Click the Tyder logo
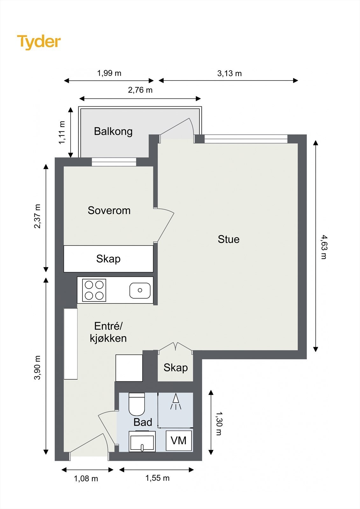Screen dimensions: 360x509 point(39,42)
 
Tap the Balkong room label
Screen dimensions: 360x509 point(113,132)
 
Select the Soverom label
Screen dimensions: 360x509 point(109,210)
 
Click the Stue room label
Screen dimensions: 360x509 point(229,239)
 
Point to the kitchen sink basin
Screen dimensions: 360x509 point(140,290)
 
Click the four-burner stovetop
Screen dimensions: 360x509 point(94,290)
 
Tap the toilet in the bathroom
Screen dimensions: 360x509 point(137,404)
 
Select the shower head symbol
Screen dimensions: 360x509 point(176,401)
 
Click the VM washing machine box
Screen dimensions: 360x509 point(179,441)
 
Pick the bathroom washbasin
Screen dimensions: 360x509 point(142,441)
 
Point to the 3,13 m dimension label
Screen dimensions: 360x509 point(229,73)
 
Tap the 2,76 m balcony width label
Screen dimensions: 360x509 point(140,90)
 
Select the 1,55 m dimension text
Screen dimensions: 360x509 point(157,478)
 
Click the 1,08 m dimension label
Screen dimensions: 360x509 point(86,478)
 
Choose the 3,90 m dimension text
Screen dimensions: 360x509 point(37,367)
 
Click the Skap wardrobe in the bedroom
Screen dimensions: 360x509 point(108,259)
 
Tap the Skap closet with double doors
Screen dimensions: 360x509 point(175,367)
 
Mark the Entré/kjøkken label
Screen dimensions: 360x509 point(108,332)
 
